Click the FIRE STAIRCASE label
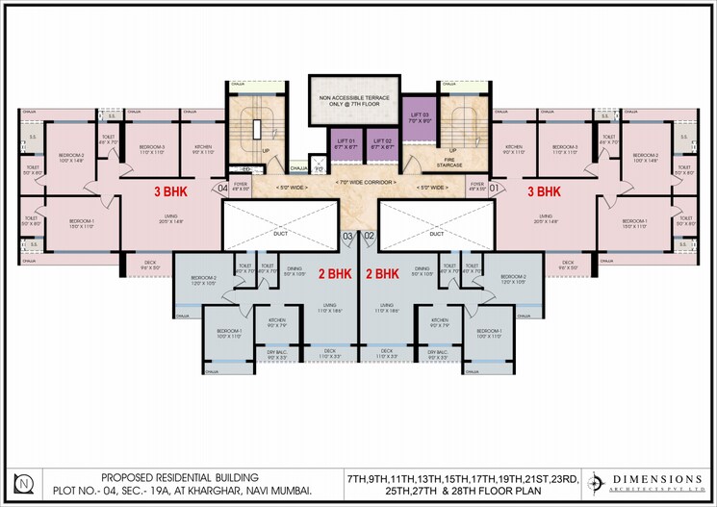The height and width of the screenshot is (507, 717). pyautogui.click(x=452, y=161)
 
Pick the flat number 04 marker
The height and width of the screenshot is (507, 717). pyautogui.click(x=222, y=188)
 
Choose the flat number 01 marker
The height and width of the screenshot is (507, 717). pyautogui.click(x=494, y=188)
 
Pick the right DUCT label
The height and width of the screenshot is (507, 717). pyautogui.click(x=435, y=234)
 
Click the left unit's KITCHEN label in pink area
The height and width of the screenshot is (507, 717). pyautogui.click(x=203, y=149)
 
